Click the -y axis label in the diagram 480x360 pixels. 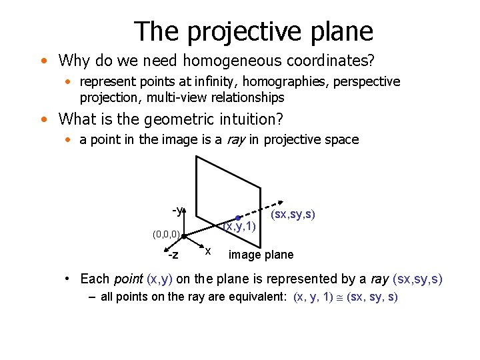coord(177,211)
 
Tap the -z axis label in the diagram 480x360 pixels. coord(173,255)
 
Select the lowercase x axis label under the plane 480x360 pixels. coord(208,251)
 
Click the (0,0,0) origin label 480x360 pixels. coord(164,235)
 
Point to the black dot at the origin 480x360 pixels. coord(183,235)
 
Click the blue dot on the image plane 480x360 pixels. coord(237,218)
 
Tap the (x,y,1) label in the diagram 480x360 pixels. coord(239,227)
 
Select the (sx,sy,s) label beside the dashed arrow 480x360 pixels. coord(293,215)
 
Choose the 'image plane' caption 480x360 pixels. coord(261,255)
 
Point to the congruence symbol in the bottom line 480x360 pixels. coord(341,297)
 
